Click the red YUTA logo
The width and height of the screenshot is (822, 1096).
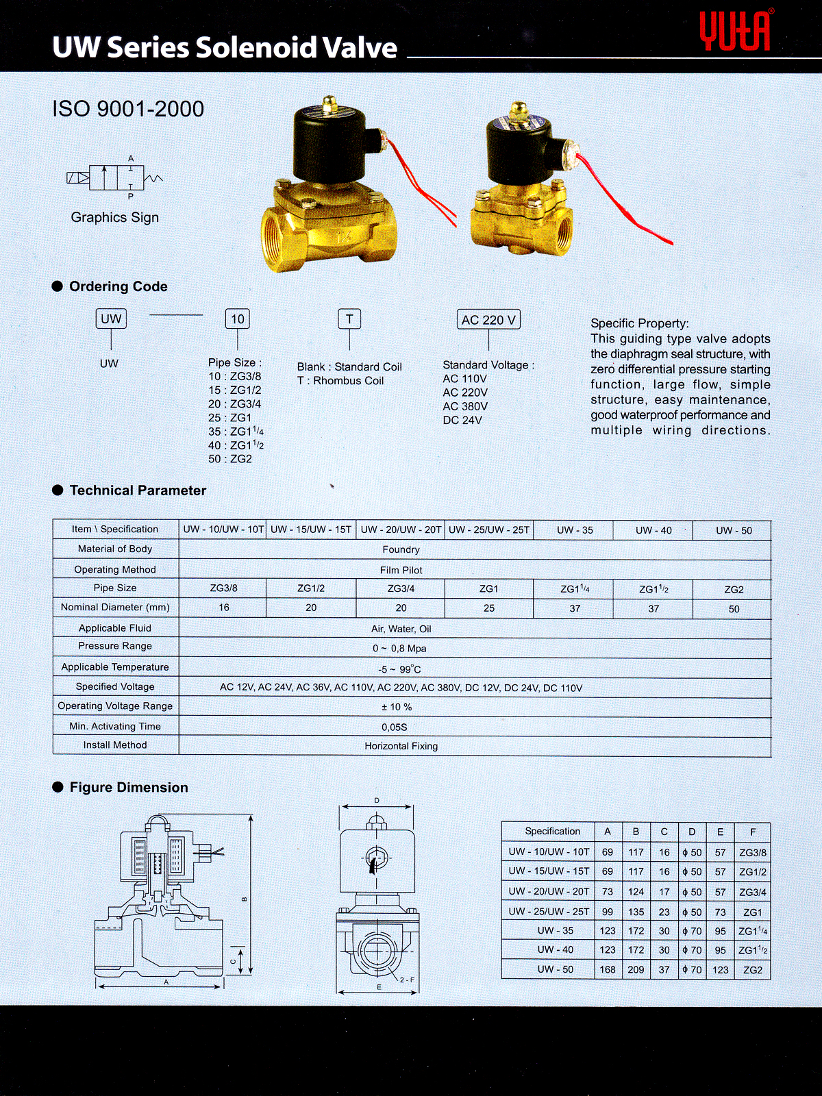coord(736,31)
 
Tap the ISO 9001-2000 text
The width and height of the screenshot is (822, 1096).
coord(128,109)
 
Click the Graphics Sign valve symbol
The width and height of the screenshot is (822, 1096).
coord(115,178)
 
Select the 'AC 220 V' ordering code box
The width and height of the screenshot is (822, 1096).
coord(488,320)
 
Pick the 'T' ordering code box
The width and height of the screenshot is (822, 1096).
coord(349,319)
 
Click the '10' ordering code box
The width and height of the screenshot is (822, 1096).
coord(238,319)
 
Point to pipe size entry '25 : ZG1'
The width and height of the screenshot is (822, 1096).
coord(230,418)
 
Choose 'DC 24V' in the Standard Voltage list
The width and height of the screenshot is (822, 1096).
coord(462,420)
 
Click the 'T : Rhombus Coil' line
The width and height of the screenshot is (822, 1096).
coord(340,381)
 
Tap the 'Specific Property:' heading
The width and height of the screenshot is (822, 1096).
coord(640,323)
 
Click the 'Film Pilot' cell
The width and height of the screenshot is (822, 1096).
coord(401,570)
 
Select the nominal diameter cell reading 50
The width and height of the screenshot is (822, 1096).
coord(734,609)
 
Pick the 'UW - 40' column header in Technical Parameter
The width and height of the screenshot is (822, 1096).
coord(653,530)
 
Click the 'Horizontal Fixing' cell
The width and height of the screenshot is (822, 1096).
coord(401,746)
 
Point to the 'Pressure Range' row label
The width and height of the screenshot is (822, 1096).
coord(115,646)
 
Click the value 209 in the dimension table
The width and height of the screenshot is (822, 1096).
coord(636,970)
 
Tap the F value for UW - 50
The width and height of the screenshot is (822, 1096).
coord(753,970)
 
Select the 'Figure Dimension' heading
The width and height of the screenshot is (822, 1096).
coord(129,788)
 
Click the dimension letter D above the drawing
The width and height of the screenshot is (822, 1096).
coord(377,800)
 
